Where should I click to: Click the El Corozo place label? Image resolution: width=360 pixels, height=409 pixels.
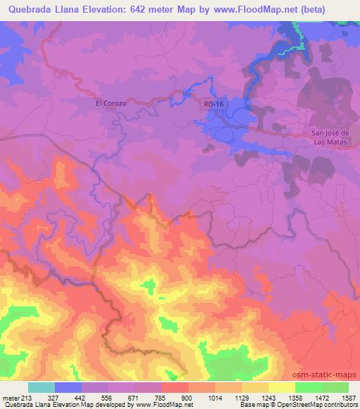pyautogui.click(x=111, y=103)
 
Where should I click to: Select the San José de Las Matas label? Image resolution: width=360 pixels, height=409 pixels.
pyautogui.click(x=335, y=136)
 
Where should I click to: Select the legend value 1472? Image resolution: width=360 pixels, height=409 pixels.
pyautogui.click(x=321, y=398)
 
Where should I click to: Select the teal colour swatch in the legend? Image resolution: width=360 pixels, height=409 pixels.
pyautogui.click(x=41, y=387)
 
